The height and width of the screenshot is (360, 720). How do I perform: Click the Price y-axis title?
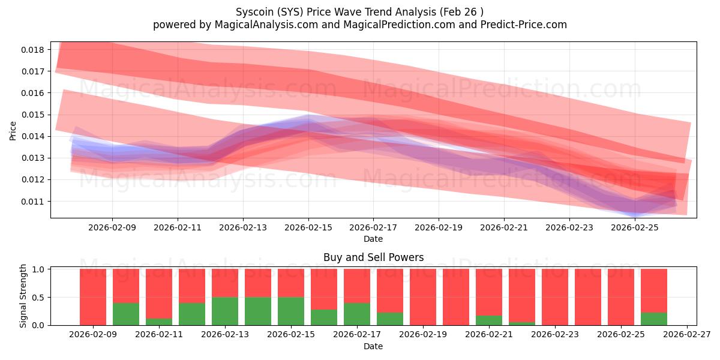tap(13, 130)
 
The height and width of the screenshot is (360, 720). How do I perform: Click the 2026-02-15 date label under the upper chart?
tap(308, 228)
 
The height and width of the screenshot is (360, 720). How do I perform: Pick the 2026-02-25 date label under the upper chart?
tap(635, 228)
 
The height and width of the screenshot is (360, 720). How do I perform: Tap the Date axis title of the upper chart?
tap(373, 239)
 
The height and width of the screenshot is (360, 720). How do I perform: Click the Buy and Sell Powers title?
tap(373, 257)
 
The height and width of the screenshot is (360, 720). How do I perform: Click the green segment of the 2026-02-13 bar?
tap(225, 311)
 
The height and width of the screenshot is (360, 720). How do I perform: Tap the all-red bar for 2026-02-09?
tap(93, 297)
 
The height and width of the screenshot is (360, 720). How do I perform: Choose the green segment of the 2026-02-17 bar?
tap(357, 314)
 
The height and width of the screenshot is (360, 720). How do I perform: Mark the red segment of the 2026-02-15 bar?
tap(291, 283)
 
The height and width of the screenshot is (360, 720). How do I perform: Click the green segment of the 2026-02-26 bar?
tap(654, 319)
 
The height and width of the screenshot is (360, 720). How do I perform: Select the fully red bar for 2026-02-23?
tap(555, 297)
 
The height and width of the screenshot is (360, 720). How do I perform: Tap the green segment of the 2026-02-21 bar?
tap(489, 320)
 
